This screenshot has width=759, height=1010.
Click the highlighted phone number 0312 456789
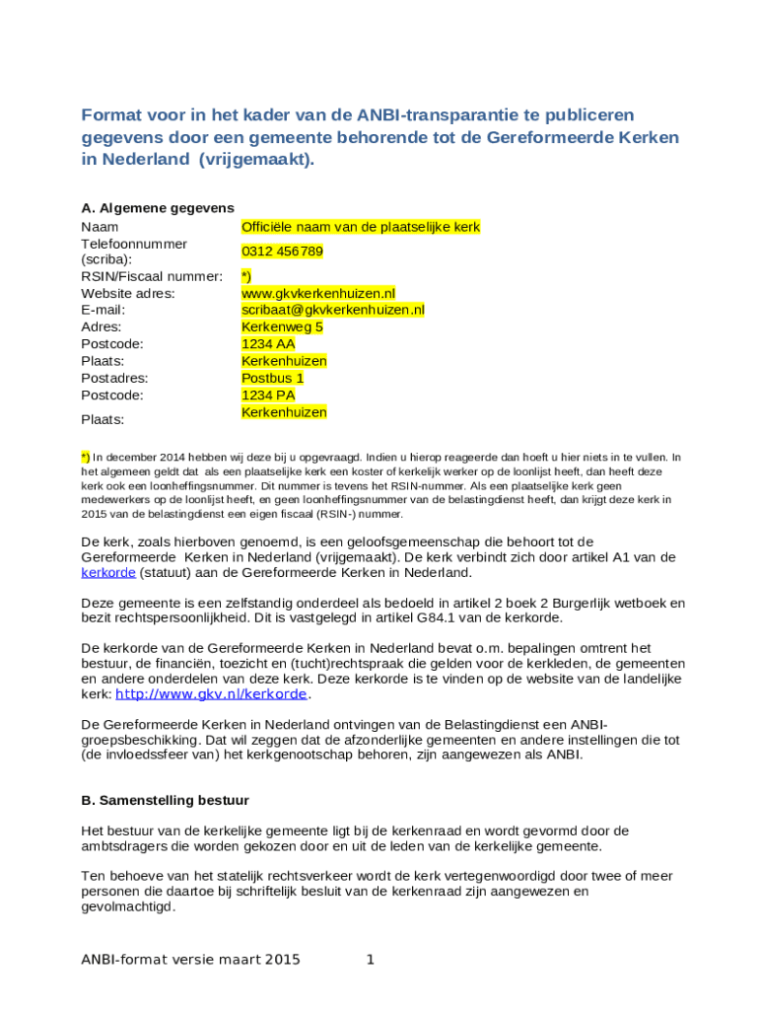282,252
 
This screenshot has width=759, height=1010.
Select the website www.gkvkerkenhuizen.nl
318,293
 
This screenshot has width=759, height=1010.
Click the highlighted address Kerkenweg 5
282,326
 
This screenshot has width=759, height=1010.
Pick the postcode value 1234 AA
268,344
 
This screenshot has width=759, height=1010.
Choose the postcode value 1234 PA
268,395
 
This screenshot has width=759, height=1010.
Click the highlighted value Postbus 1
273,378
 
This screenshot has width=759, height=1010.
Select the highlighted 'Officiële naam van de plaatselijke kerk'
361,227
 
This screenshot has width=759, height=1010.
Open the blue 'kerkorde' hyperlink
107,572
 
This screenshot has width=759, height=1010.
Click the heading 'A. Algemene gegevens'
158,208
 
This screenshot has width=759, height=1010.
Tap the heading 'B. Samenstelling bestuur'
165,800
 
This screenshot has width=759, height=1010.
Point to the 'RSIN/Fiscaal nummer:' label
152,276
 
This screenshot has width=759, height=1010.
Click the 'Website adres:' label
128,293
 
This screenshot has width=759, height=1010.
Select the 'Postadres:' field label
114,378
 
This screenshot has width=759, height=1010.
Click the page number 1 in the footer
370,959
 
